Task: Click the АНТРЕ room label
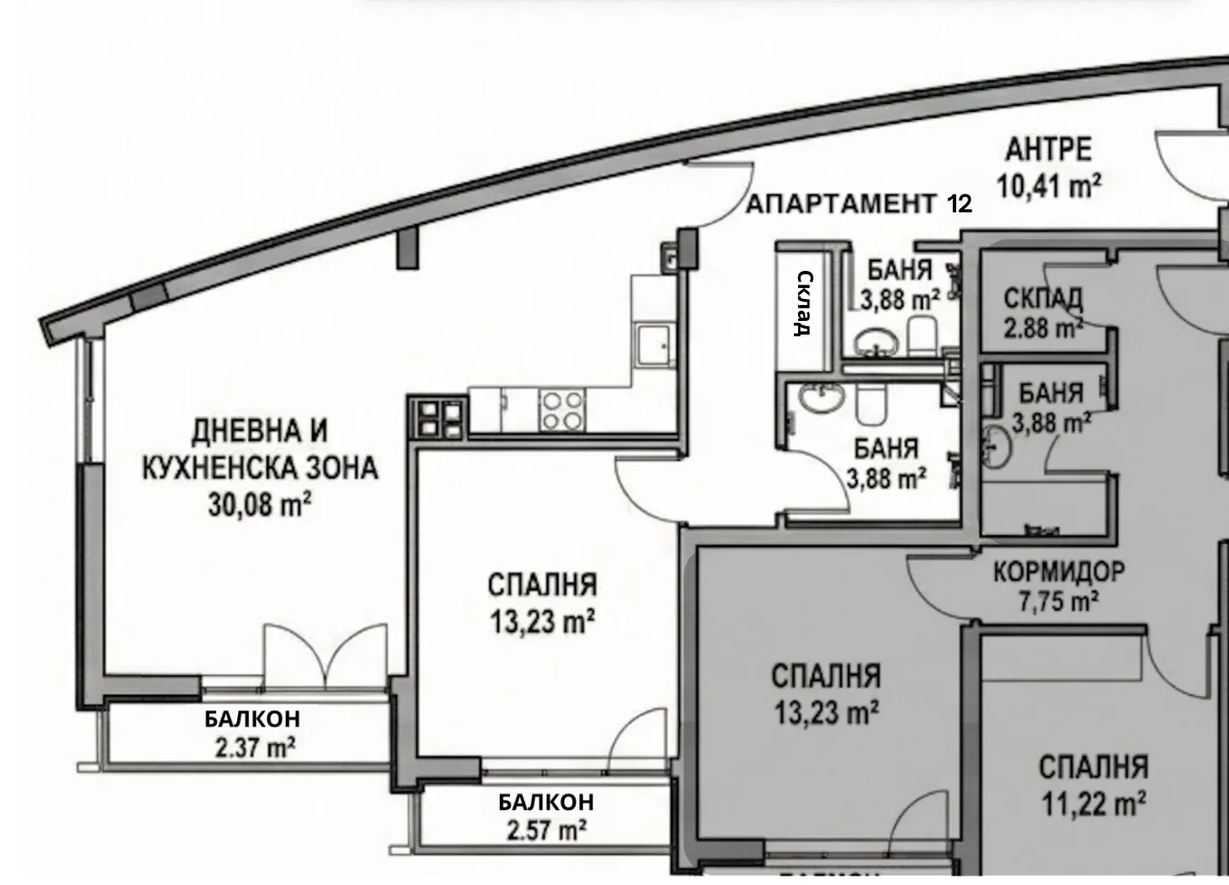point(1048,149)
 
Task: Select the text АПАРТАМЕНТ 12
point(858,204)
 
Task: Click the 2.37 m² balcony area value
point(252,748)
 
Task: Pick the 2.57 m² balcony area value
point(546,829)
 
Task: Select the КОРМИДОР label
point(1058,572)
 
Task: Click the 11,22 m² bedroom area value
point(1093,803)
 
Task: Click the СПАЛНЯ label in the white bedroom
point(542,585)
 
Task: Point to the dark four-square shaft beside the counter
point(439,416)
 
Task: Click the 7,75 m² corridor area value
point(1058,602)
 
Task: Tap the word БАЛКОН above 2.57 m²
point(546,802)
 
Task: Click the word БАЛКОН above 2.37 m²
point(252,719)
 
